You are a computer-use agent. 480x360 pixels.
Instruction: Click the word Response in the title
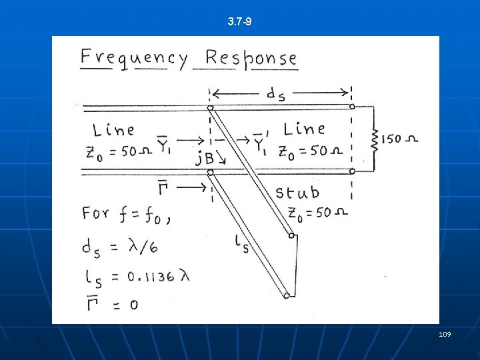tap(251, 58)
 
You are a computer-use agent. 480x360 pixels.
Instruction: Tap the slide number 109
tap(445, 333)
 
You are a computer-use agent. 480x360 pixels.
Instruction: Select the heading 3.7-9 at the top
tap(239, 22)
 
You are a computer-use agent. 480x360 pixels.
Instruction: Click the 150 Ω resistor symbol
tap(375, 139)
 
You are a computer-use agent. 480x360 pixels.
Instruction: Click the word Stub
tap(297, 193)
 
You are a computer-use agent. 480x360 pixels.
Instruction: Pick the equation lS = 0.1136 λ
tap(136, 275)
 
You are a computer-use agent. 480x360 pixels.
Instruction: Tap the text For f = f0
tap(125, 214)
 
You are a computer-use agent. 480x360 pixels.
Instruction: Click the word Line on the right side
tap(304, 128)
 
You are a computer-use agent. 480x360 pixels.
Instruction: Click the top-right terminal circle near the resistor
tap(352, 107)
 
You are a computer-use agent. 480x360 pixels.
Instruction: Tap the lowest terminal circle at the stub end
tap(287, 295)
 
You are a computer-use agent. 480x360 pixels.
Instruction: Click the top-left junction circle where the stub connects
tap(210, 107)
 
